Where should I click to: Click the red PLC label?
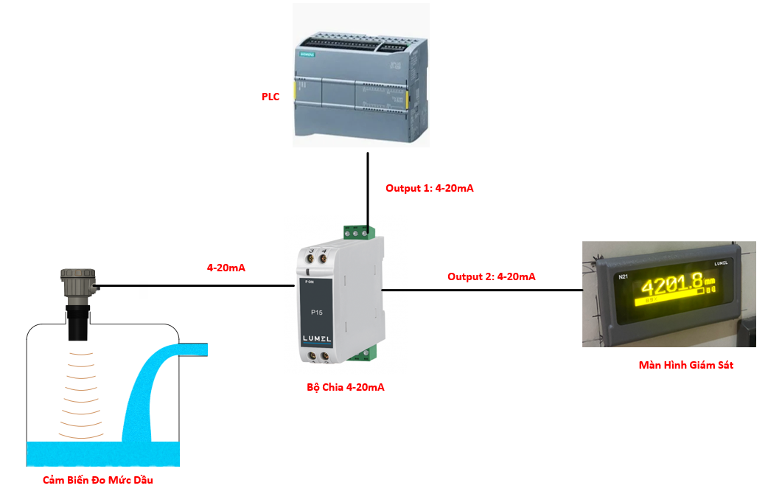(270, 97)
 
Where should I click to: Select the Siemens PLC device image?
(360, 77)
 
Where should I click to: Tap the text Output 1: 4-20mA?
(429, 188)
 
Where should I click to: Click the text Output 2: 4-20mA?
(491, 277)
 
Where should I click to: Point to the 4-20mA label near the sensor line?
(226, 268)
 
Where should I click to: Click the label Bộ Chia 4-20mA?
(345, 387)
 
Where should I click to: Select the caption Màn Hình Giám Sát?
(685, 365)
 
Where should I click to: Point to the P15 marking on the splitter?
(316, 313)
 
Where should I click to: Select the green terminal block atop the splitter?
(358, 232)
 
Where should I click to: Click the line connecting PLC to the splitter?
(367, 188)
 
